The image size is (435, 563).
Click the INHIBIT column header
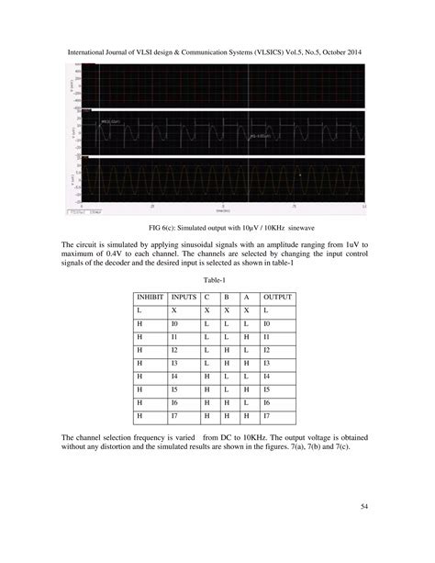pos(151,298)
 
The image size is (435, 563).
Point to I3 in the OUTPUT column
pos(268,364)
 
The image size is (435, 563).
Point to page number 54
pos(367,504)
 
